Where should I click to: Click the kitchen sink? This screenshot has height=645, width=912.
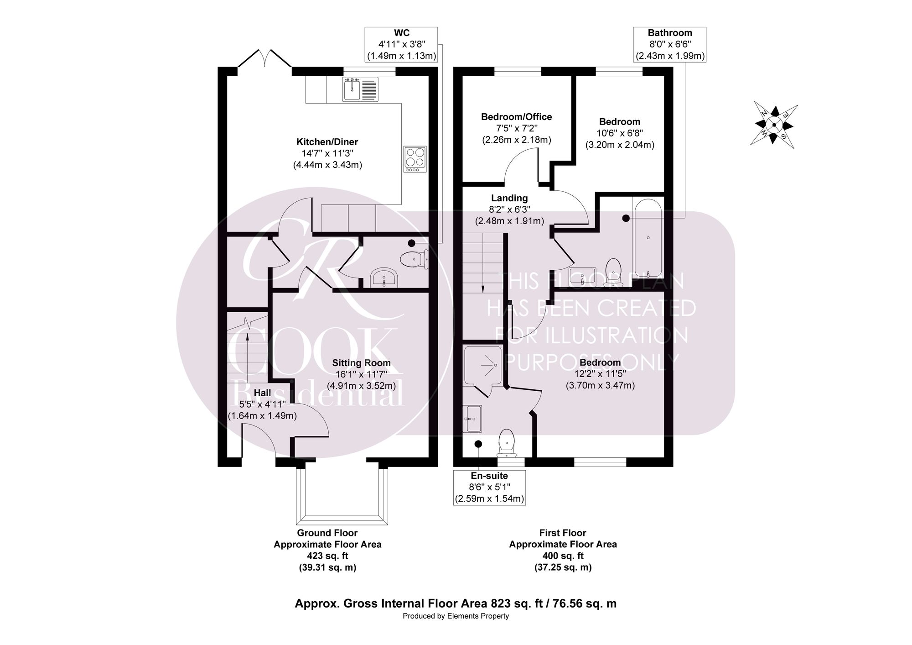click(361, 89)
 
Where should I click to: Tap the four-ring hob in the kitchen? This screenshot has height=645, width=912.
click(415, 159)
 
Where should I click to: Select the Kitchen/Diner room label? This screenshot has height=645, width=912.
click(327, 142)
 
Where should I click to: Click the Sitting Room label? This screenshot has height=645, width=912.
click(361, 363)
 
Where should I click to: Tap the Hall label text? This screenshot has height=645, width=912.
click(262, 393)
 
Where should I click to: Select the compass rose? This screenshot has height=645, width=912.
click(774, 125)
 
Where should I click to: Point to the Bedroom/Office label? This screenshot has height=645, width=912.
click(517, 117)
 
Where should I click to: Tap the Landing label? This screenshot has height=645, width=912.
click(509, 198)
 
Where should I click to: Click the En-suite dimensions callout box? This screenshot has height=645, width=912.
click(489, 488)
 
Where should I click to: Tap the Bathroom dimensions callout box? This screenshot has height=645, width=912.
click(670, 44)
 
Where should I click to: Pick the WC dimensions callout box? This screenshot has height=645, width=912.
click(402, 44)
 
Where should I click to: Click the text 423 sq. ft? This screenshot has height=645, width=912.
click(327, 556)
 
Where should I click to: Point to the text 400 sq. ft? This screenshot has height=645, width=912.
click(563, 556)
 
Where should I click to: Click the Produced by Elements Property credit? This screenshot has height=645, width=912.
click(456, 616)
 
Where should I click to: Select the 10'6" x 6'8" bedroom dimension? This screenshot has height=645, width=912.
click(620, 133)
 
